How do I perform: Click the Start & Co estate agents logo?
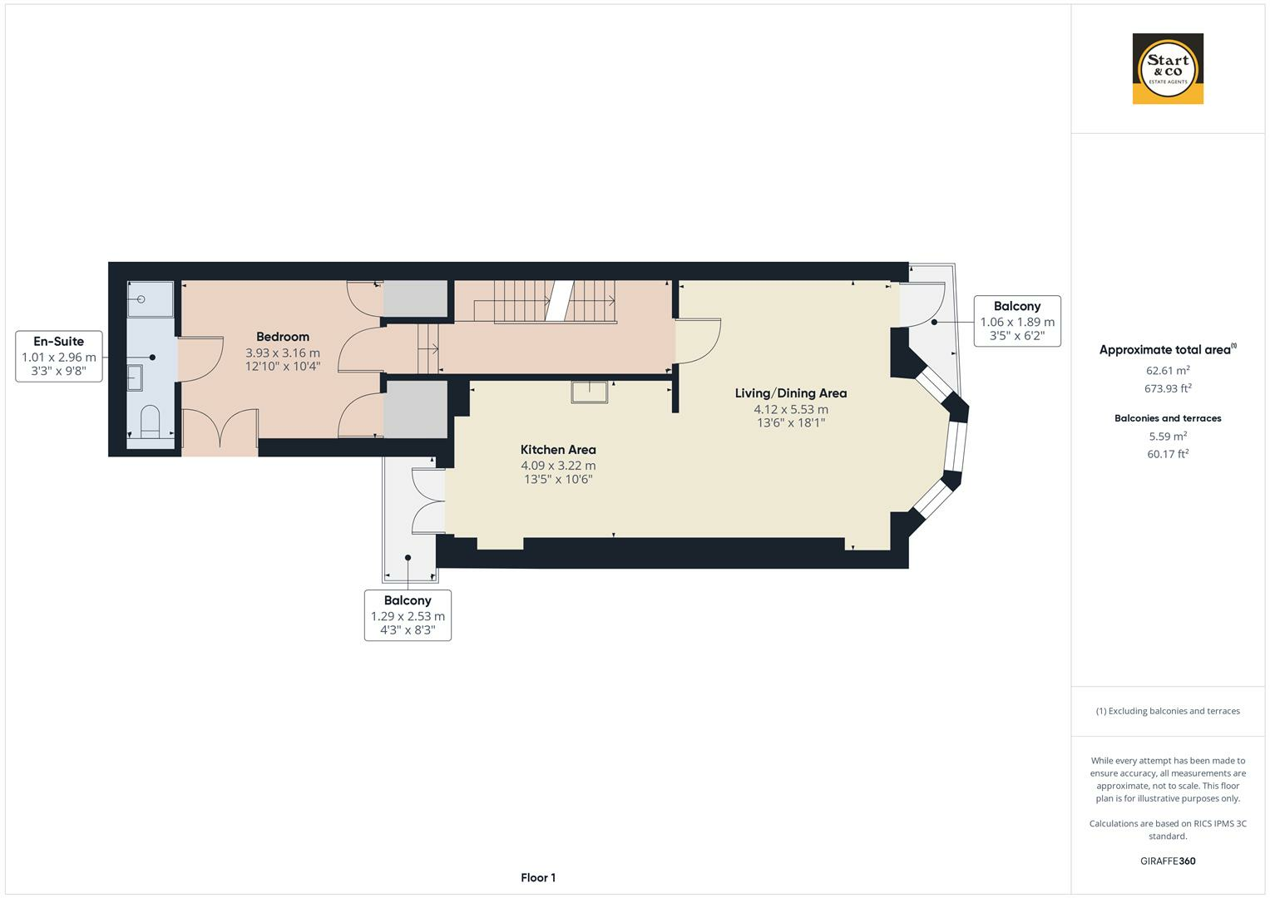click(x=1168, y=69)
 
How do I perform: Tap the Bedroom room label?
click(x=283, y=337)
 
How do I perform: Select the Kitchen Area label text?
click(x=558, y=450)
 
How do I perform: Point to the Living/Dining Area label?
click(x=790, y=393)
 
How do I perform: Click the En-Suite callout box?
click(x=59, y=356)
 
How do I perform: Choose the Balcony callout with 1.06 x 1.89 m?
click(x=1016, y=321)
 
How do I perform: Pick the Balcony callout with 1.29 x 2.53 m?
click(x=408, y=615)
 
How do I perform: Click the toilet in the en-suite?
click(x=151, y=422)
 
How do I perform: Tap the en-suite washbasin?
click(x=136, y=377)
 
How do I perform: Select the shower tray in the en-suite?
click(x=150, y=299)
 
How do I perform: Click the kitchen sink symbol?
click(x=589, y=391)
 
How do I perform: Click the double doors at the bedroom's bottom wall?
click(x=220, y=432)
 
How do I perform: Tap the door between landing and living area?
click(x=697, y=341)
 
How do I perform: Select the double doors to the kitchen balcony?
click(x=429, y=501)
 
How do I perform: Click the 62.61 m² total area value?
click(x=1168, y=370)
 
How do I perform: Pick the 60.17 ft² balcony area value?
click(x=1168, y=454)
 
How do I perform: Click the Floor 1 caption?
click(x=538, y=877)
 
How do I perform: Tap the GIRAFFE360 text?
click(x=1168, y=861)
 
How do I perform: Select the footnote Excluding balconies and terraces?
click(x=1168, y=711)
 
